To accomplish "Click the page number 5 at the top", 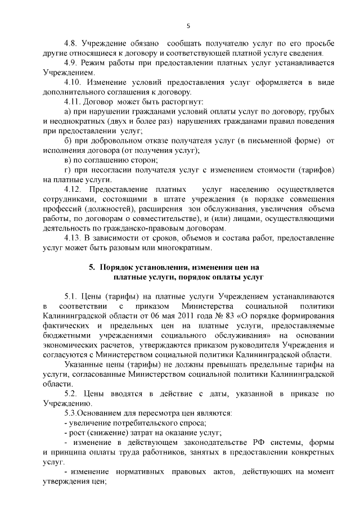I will click(x=189, y=25).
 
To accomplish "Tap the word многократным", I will click(x=183, y=247).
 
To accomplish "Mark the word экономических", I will click(x=70, y=345).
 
